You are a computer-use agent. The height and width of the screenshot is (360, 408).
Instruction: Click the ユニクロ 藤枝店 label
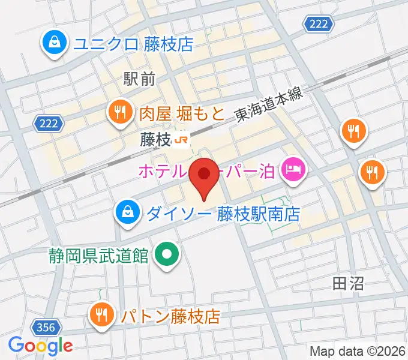point(133,44)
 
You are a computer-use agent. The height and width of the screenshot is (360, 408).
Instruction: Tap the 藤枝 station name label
point(156,140)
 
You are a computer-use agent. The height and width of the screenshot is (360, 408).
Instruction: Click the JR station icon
point(182,140)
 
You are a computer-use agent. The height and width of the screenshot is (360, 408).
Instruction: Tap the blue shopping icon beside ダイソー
point(127,212)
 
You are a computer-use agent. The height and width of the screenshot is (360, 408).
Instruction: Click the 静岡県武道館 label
point(99,256)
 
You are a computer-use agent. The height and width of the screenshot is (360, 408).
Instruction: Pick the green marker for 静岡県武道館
point(167,255)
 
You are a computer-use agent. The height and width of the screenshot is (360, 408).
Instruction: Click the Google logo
point(41,346)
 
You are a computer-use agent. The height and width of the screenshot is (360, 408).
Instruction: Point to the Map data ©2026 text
point(357,350)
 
